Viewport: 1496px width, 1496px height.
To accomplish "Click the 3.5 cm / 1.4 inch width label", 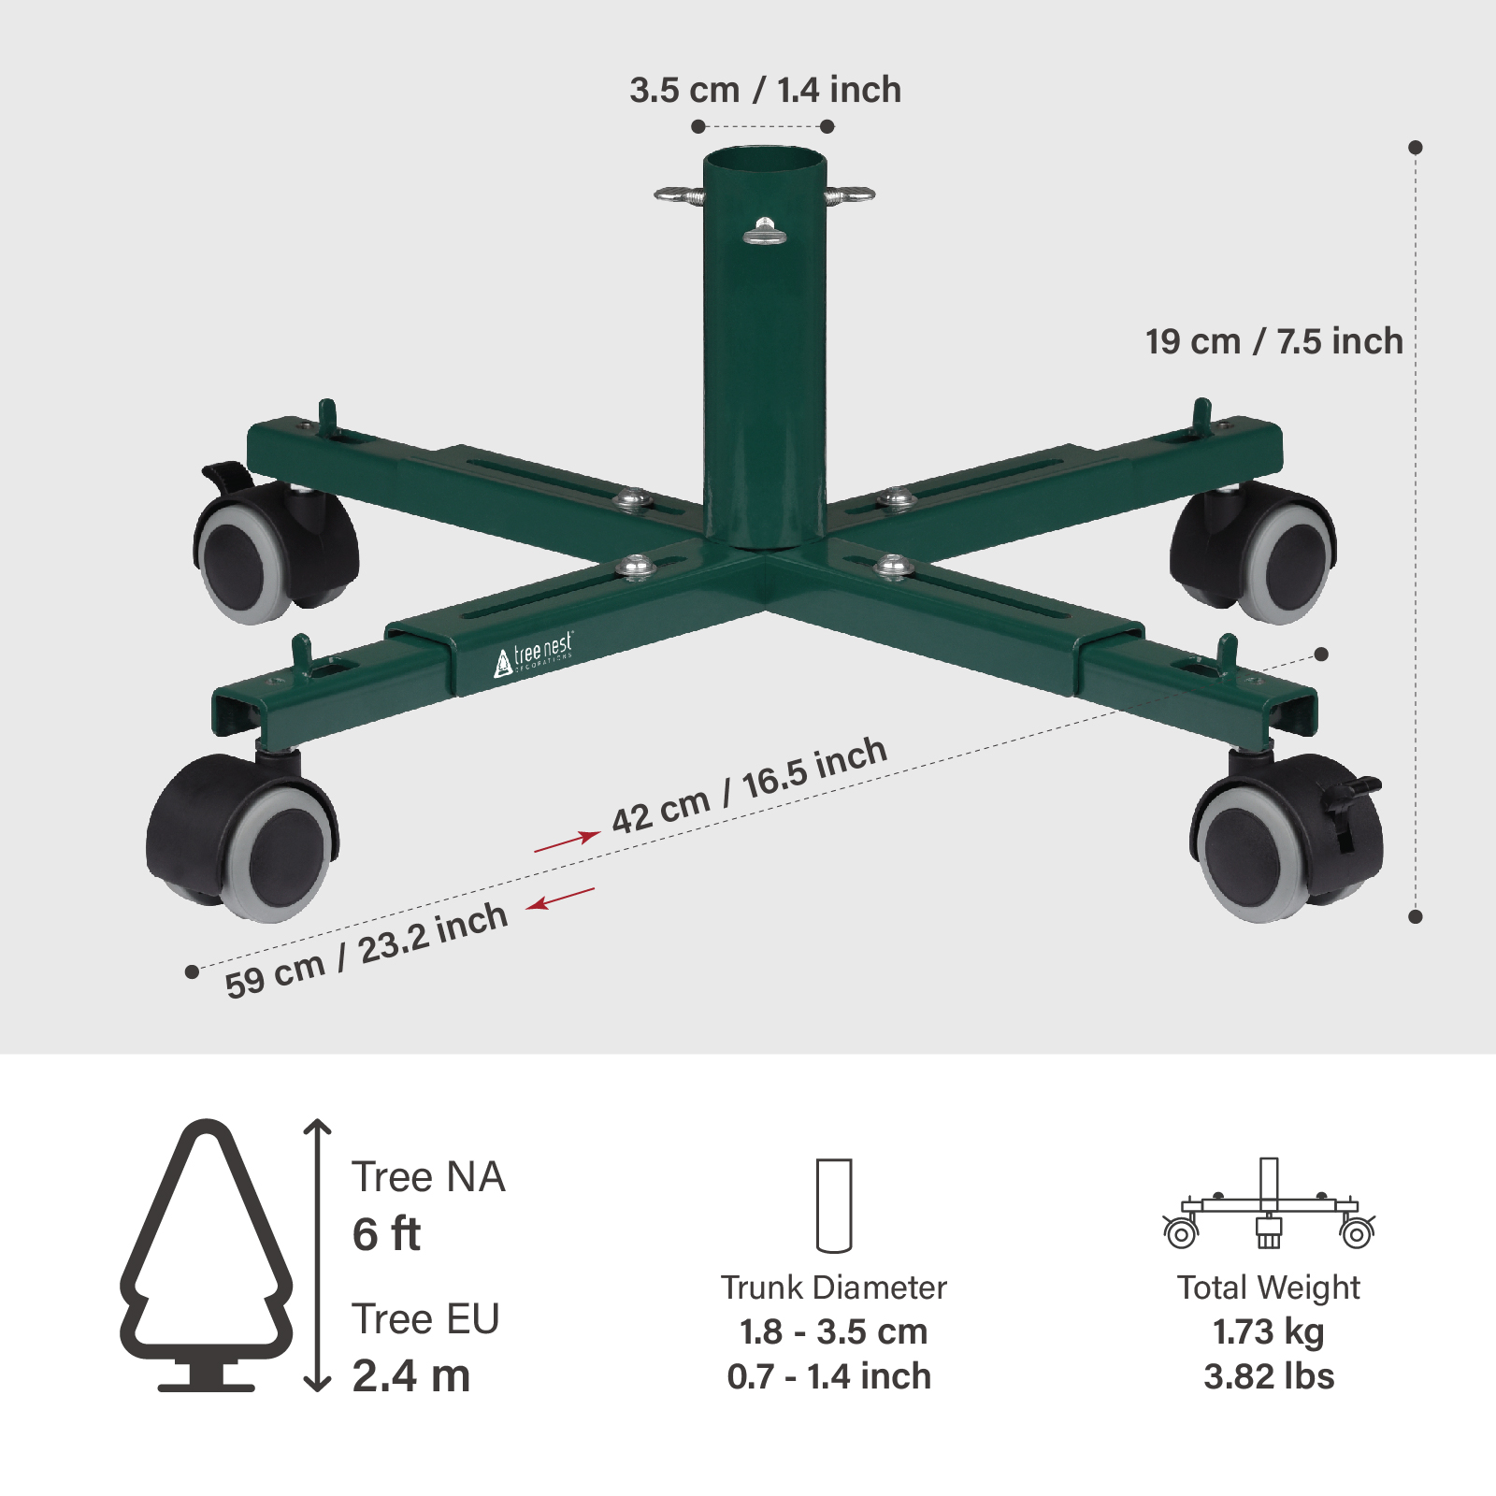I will pyautogui.click(x=765, y=91).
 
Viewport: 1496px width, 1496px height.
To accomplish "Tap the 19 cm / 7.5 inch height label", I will pyautogui.click(x=1273, y=342).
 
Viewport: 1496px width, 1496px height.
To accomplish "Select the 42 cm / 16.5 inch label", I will pyautogui.click(x=749, y=785).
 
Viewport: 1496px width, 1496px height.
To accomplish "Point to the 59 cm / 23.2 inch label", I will pyautogui.click(x=367, y=951).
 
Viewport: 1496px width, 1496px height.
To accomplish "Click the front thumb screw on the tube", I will pyautogui.click(x=765, y=231).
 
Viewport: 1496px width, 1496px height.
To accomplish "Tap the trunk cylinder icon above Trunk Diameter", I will pyautogui.click(x=834, y=1205).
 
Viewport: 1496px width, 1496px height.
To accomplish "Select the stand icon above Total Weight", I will pyautogui.click(x=1269, y=1205).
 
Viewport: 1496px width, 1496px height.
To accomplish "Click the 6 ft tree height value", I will pyautogui.click(x=386, y=1234).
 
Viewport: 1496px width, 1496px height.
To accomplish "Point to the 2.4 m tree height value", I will pyautogui.click(x=411, y=1376).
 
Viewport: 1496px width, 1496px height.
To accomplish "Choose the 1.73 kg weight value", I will pyautogui.click(x=1269, y=1331).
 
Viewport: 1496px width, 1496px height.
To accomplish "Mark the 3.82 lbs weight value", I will pyautogui.click(x=1269, y=1377).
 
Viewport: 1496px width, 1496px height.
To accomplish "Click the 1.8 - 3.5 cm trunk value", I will pyautogui.click(x=833, y=1331).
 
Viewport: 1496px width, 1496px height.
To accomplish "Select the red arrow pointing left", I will pyautogui.click(x=560, y=899).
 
